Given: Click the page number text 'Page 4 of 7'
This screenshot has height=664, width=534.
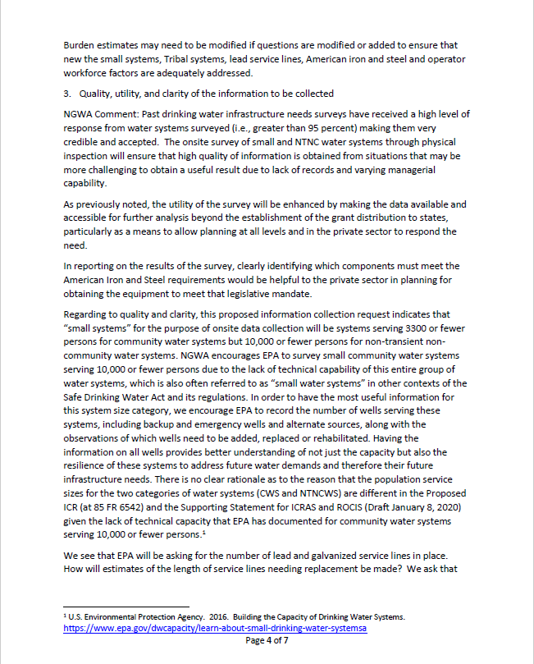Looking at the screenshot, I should pyautogui.click(x=267, y=641).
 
